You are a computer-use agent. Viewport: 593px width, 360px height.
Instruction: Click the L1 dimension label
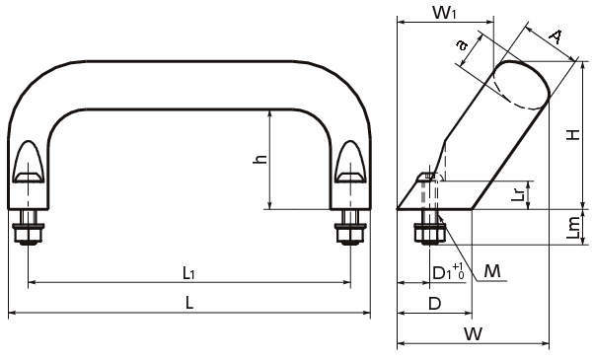tap(188, 272)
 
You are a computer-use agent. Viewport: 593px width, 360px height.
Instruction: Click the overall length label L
tap(189, 303)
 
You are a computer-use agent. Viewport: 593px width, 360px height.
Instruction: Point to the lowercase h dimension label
tap(259, 159)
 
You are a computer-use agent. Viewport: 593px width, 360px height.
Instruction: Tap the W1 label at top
tap(444, 13)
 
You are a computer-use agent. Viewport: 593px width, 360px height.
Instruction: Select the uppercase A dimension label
tap(556, 36)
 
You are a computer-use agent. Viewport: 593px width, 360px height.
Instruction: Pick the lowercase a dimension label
tap(462, 45)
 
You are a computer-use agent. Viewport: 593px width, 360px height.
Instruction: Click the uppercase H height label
tap(573, 134)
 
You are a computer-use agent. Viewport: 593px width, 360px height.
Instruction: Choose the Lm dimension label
tap(573, 227)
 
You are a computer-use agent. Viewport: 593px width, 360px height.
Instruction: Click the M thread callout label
tap(492, 271)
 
